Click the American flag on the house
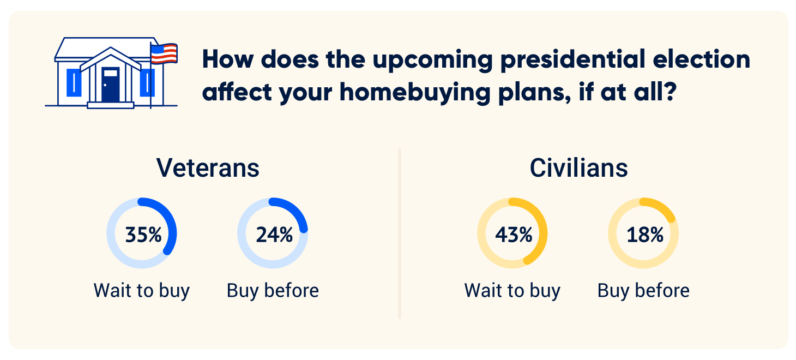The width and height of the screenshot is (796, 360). point(164,53)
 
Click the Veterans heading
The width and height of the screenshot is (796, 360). point(208,168)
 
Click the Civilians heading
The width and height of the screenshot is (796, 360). point(578,168)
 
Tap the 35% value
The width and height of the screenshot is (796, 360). point(143,235)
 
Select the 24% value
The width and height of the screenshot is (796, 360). point(274,235)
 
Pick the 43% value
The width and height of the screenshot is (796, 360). point(513,235)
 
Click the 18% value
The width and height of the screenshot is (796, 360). point(644,235)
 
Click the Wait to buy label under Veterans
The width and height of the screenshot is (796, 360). point(142,290)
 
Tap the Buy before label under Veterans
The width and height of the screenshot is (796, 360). point(273,290)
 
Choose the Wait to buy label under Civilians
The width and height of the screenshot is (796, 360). point(512,290)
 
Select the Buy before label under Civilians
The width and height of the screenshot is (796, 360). point(643,290)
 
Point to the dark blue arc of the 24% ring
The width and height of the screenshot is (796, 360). point(294,209)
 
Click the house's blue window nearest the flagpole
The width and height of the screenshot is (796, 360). point(144,83)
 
